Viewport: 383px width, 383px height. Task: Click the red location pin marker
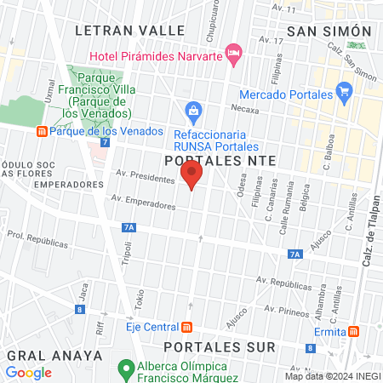point(191,175)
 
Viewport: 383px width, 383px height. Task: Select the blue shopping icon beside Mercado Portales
point(344,89)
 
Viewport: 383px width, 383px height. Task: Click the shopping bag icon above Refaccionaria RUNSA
point(194,111)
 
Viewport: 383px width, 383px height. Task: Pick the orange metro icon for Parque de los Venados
point(40,131)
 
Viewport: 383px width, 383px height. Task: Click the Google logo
point(28,372)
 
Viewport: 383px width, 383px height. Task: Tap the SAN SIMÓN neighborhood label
point(330,31)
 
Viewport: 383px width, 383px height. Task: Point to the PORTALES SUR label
point(220,347)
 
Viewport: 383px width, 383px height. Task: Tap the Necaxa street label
point(245,109)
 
